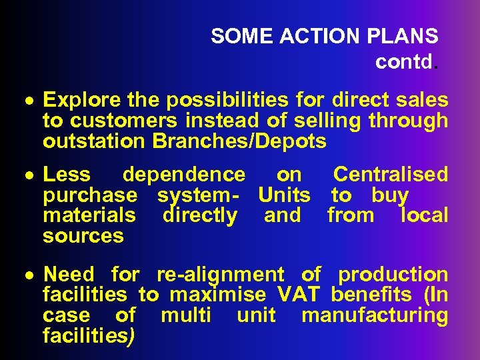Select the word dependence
tap(184, 175)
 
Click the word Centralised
tap(391, 175)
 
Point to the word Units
tap(284, 195)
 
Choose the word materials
tap(89, 215)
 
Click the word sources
tap(83, 236)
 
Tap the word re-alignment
tap(220, 275)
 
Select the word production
tap(393, 275)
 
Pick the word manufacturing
tap(375, 315)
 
